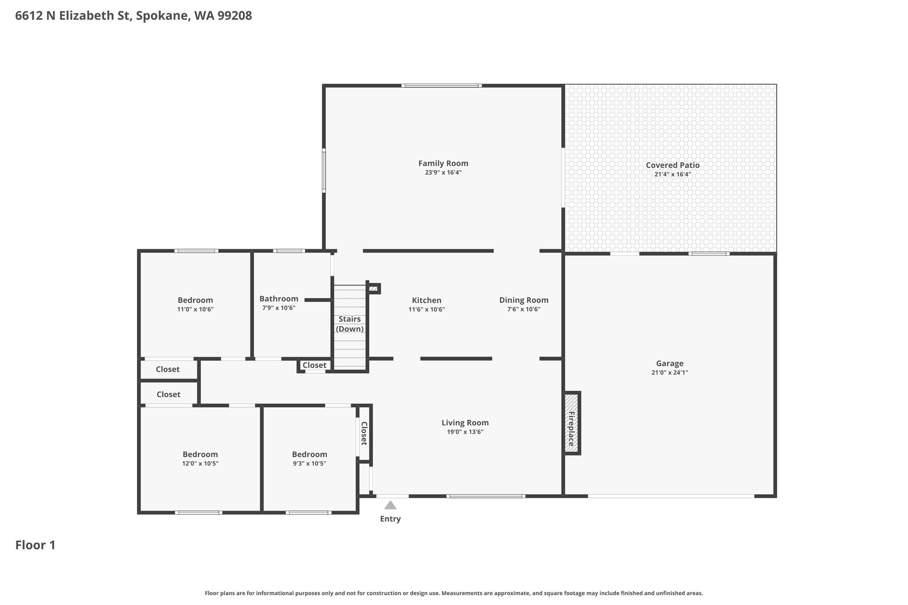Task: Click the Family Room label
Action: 443,164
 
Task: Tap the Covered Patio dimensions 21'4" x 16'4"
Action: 673,175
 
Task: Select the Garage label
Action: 669,364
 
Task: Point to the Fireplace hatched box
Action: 571,423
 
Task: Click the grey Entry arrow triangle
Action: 390,505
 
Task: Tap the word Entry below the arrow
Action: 390,519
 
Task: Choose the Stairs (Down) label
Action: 350,324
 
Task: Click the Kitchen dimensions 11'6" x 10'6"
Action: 427,310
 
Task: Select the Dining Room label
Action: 524,301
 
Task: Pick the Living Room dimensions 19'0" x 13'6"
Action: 465,432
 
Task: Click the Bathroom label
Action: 278,299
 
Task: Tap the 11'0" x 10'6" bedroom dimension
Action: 195,310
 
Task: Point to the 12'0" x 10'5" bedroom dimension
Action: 200,464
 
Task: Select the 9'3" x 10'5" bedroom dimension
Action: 309,464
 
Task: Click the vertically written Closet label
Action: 364,433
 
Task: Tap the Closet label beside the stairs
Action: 314,366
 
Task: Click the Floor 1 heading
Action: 35,545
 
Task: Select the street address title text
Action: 133,16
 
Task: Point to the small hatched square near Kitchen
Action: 373,289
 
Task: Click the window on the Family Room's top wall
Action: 442,86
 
